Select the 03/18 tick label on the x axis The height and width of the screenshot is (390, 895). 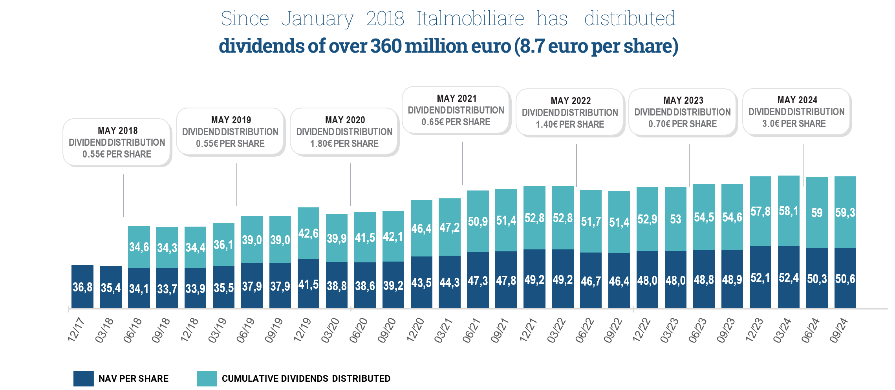[x=104, y=330]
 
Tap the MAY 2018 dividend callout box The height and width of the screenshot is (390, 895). [x=117, y=142]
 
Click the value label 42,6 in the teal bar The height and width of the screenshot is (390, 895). [x=308, y=233]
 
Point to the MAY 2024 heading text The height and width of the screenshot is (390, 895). [x=797, y=100]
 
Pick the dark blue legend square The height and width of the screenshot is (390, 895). [x=84, y=378]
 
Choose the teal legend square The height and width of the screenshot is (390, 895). [x=207, y=378]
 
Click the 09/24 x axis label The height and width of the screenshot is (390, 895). [x=838, y=330]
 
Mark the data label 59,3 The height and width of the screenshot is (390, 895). [x=845, y=212]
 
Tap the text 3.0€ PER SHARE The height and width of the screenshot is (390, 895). [x=794, y=124]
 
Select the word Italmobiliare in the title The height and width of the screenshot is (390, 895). [x=470, y=18]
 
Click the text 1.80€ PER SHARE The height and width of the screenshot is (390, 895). [x=344, y=144]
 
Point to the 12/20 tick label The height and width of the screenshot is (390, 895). [x=415, y=330]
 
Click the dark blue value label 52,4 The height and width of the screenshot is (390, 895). [x=789, y=278]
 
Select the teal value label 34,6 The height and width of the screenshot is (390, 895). [x=139, y=247]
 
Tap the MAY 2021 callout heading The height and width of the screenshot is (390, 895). [x=457, y=99]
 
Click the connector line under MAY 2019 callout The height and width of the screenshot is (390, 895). [x=237, y=185]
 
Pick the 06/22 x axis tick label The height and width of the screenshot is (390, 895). [x=585, y=330]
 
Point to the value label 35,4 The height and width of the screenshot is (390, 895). [x=111, y=288]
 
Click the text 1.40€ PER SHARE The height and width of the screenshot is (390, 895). [x=570, y=125]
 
